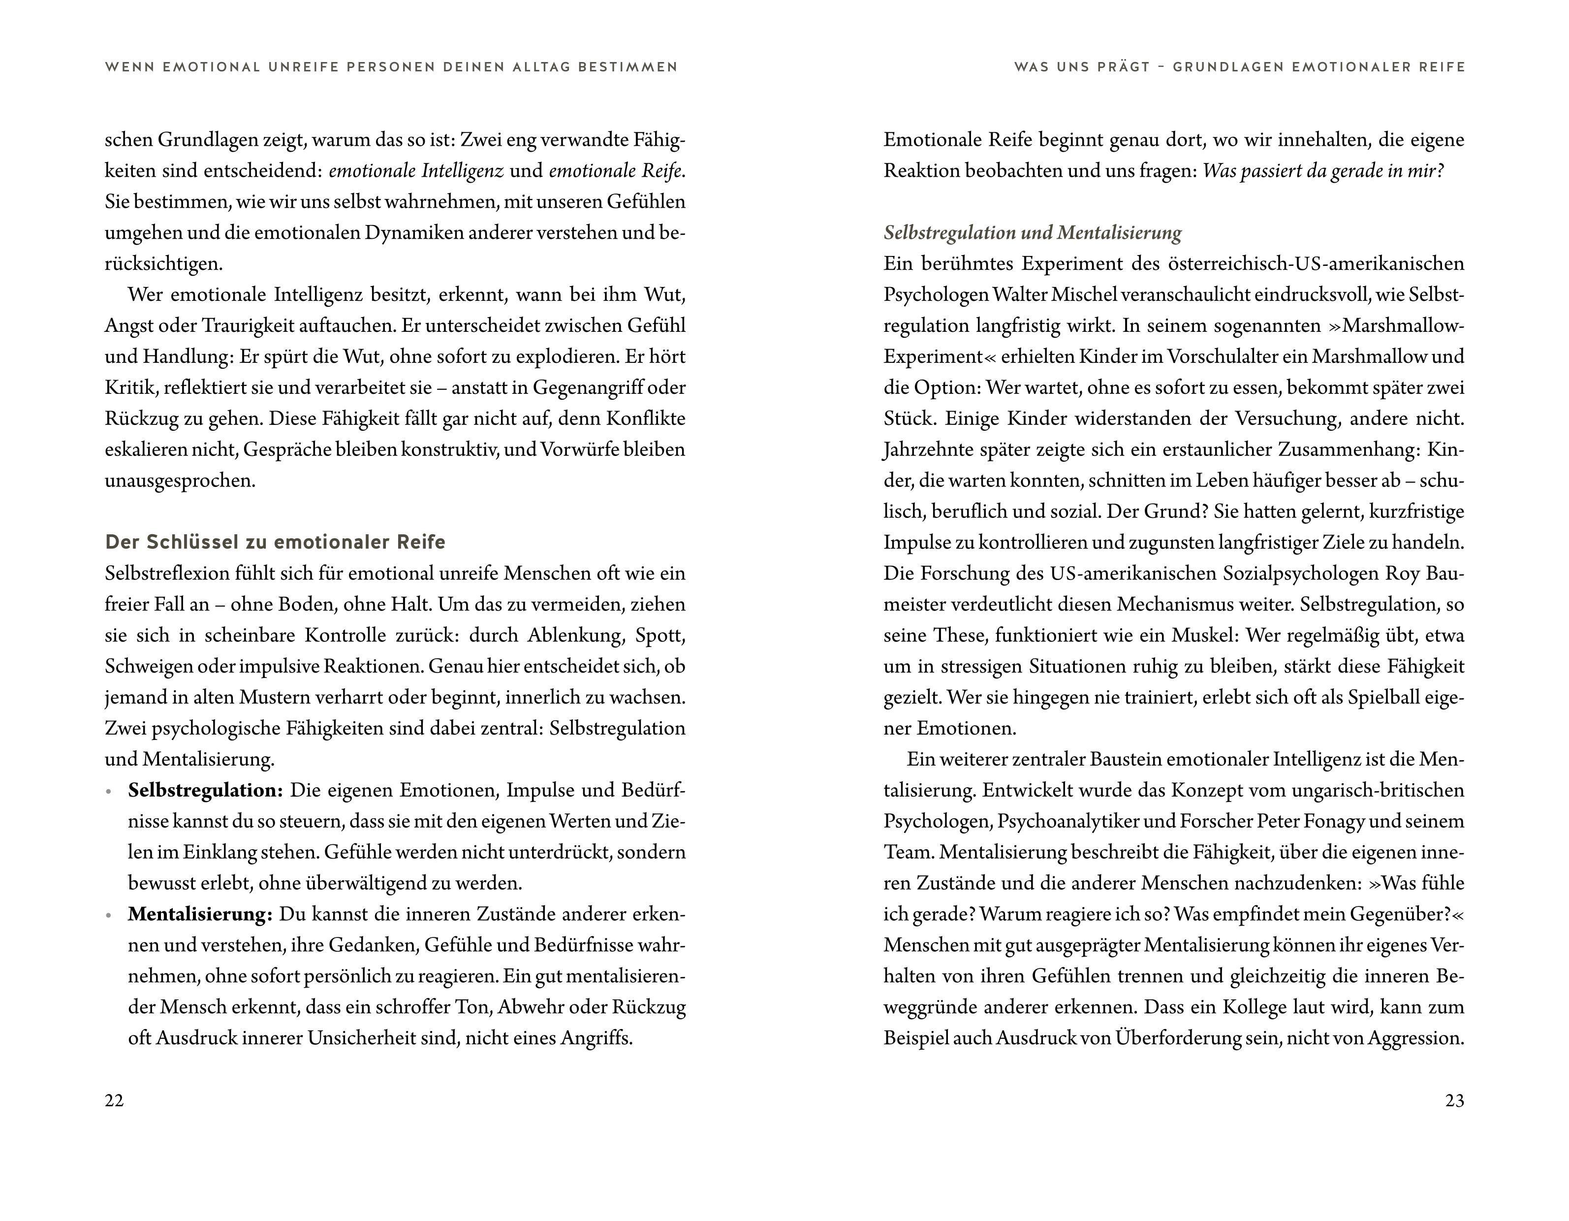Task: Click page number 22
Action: [x=114, y=1100]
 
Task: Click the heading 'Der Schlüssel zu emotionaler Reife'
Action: [x=275, y=542]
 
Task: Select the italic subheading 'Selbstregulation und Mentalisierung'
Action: [x=1033, y=233]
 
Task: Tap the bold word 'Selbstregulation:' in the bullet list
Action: [x=205, y=791]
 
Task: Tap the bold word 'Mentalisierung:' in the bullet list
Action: [x=200, y=914]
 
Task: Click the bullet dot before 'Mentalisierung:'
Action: [x=108, y=916]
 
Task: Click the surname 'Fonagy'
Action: [x=1333, y=821]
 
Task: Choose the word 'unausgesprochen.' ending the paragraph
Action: [x=180, y=481]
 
